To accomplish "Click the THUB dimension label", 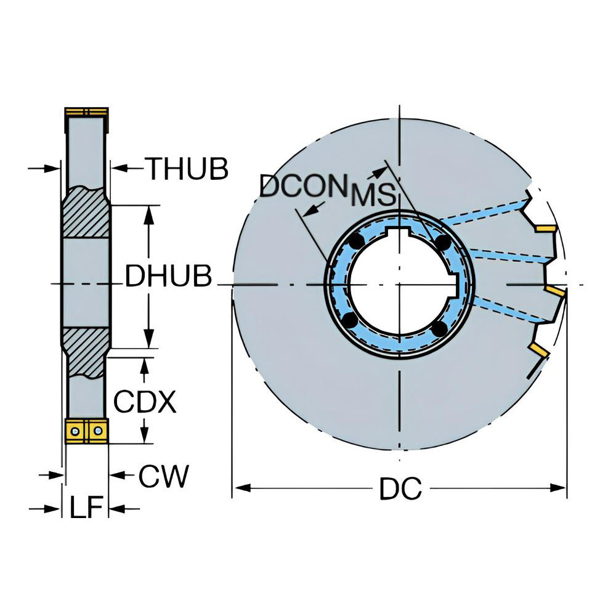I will (186, 169).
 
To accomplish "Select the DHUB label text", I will (168, 277).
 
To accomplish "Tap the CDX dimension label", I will (145, 402).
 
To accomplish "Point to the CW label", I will (163, 477).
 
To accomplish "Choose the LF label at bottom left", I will (85, 509).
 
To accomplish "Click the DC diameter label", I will (400, 490).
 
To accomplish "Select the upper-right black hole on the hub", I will (442, 245).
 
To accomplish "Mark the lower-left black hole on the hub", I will (349, 321).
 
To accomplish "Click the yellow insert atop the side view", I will (87, 112).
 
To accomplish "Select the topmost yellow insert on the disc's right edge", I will (545, 229).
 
